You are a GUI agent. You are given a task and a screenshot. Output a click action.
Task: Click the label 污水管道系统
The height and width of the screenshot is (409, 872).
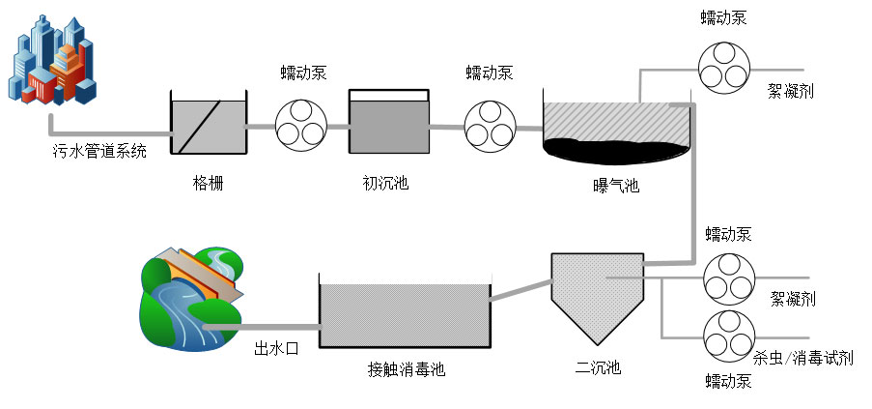[x=99, y=151]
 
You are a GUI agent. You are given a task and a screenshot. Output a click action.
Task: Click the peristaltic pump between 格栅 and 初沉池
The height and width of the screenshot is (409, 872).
[x=301, y=126]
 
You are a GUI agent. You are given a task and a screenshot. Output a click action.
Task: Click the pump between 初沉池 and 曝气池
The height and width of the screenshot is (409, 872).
[x=490, y=126]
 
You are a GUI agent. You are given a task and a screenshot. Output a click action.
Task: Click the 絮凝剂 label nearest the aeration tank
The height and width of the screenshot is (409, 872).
[x=791, y=91]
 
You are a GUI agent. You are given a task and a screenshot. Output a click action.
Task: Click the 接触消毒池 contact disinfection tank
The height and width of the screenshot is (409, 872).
[x=404, y=314]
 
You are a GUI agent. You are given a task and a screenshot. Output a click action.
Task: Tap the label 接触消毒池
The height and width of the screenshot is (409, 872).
[x=407, y=368]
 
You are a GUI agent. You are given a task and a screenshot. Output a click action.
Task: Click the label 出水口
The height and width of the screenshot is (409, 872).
[x=275, y=348]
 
